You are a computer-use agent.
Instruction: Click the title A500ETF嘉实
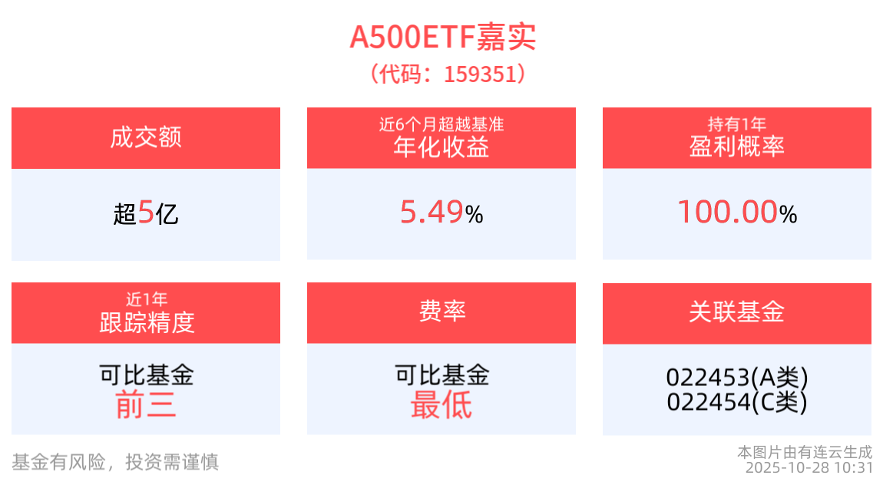point(442,36)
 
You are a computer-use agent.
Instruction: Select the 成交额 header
point(146,138)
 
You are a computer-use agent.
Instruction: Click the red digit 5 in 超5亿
point(146,213)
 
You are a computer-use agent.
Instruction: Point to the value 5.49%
point(441,213)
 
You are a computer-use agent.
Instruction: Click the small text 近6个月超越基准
point(441,124)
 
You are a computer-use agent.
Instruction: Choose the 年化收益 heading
point(441,147)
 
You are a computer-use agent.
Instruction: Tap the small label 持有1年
point(737,124)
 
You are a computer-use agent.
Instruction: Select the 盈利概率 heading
point(737,147)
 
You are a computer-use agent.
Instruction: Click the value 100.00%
point(737,213)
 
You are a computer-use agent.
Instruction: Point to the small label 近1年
point(146,299)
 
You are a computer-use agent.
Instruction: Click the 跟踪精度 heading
point(146,322)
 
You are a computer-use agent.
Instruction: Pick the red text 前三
point(146,404)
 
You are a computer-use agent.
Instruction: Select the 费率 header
point(441,312)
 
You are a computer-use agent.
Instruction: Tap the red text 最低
point(441,404)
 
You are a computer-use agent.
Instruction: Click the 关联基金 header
point(737,312)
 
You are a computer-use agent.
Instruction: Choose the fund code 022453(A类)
point(737,378)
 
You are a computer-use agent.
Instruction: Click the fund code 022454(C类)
point(737,401)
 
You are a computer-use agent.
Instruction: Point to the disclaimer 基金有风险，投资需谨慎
point(115,461)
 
